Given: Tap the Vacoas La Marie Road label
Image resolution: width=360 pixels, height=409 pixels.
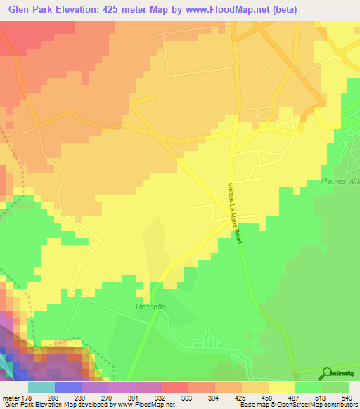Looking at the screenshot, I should [235, 213].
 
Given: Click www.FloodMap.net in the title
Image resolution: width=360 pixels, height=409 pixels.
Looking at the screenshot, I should [225, 10].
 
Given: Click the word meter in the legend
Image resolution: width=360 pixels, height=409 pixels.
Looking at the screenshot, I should [11, 397].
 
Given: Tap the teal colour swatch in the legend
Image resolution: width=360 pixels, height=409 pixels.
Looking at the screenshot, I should [41, 387].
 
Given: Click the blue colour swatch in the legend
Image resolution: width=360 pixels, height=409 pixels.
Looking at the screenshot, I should [68, 387].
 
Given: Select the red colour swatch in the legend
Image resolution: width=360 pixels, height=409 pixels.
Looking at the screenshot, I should [175, 387].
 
